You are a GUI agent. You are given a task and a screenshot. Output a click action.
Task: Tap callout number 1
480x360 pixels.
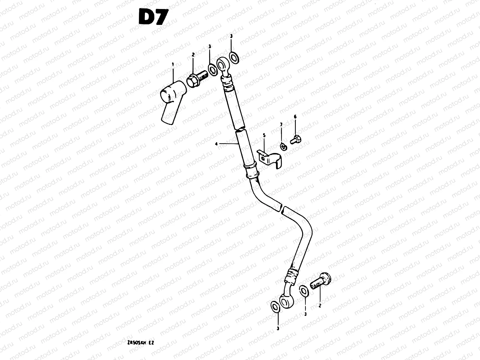pyautogui.click(x=173, y=64)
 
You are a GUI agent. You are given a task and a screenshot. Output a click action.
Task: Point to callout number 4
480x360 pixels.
pyautogui.click(x=216, y=144)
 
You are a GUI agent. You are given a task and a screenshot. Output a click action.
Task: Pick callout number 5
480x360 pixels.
pyautogui.click(x=264, y=135)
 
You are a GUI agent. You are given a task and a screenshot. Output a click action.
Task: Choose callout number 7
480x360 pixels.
pyautogui.click(x=281, y=124)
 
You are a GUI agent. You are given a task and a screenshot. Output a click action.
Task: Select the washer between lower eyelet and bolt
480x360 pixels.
pyautogui.click(x=304, y=291)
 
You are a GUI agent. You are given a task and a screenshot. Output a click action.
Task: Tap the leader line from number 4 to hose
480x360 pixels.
pyautogui.click(x=229, y=144)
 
